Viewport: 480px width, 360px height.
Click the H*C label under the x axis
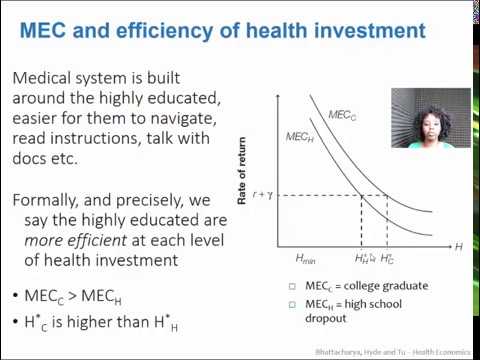(387, 258)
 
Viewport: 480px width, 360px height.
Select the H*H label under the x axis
(364, 258)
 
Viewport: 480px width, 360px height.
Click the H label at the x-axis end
(459, 245)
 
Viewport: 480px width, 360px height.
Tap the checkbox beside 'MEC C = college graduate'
(291, 286)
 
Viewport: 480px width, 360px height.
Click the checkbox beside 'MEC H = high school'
(291, 304)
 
